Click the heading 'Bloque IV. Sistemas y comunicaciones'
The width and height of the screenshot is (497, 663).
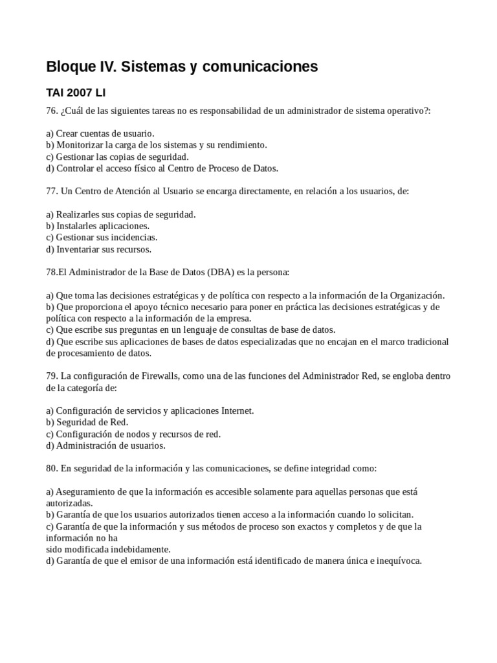pos(182,66)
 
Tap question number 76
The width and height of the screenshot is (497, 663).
pos(52,111)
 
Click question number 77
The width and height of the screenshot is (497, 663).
pos(52,192)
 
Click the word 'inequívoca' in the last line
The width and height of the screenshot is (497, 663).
pos(396,561)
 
